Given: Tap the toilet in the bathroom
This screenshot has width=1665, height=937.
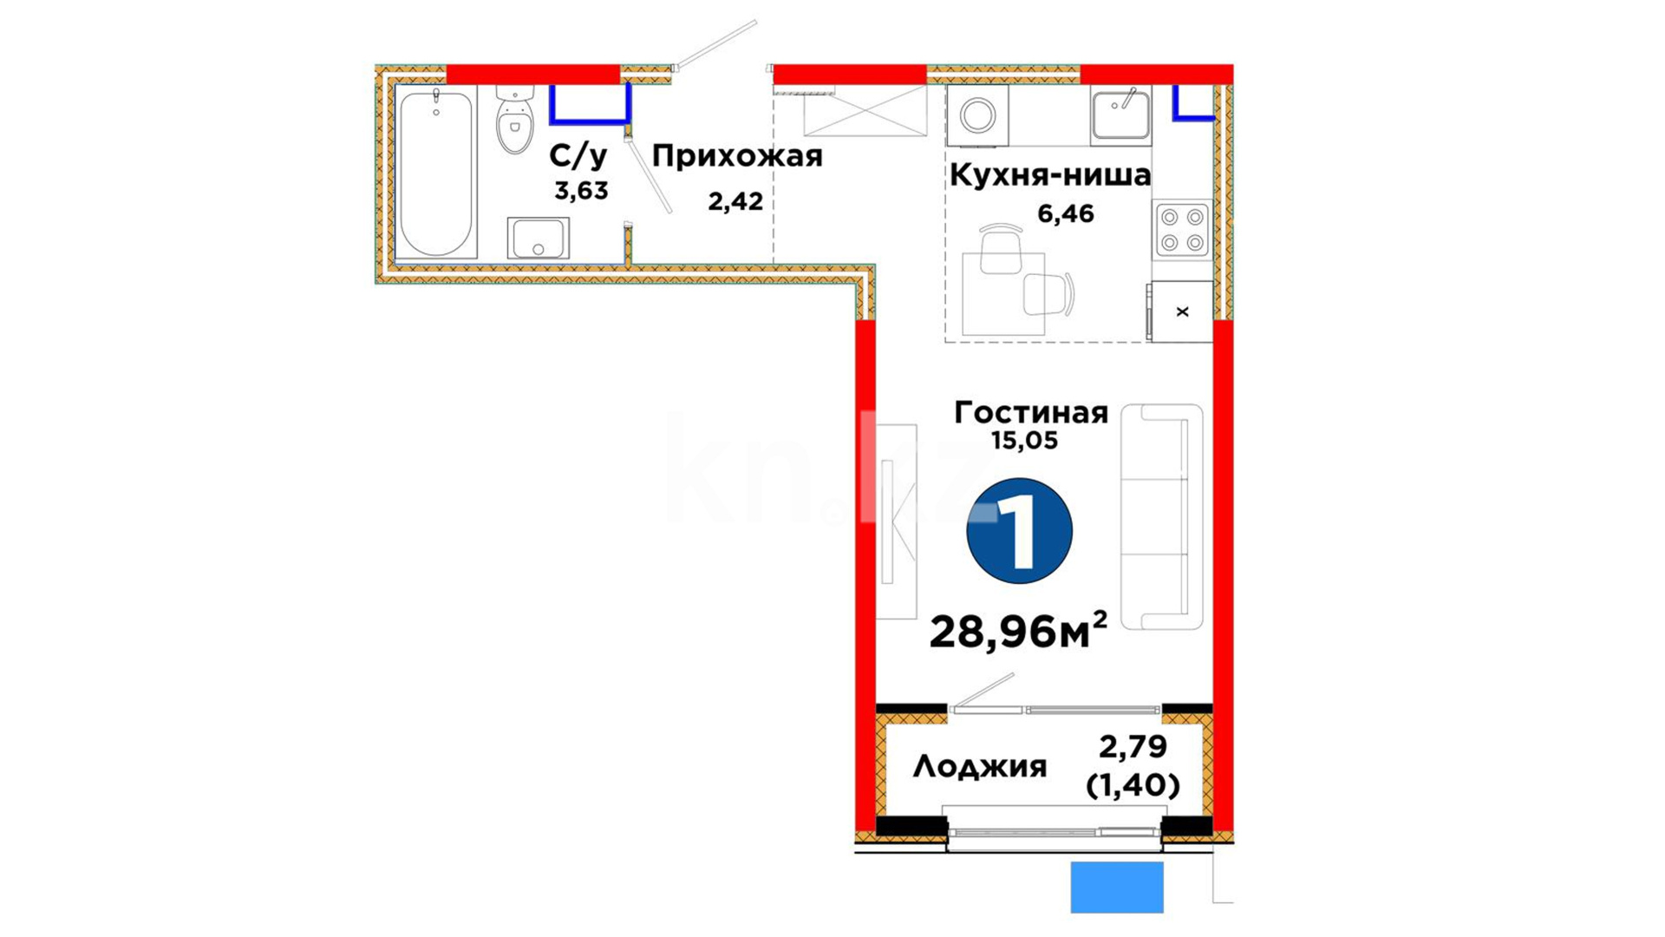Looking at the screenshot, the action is click(x=515, y=120).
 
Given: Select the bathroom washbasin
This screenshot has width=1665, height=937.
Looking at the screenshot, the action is click(x=538, y=238).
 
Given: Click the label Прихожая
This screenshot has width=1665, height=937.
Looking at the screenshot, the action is click(x=737, y=156).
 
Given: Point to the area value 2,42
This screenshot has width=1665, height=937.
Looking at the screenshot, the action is click(x=735, y=201).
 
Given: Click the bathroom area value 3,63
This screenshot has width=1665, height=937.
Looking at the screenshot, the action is click(x=581, y=191).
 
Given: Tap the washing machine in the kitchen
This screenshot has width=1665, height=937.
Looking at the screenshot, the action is click(x=977, y=115).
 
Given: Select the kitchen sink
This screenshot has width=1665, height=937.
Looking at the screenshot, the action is click(x=1121, y=114).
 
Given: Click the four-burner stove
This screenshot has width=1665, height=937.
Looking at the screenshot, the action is click(x=1182, y=230).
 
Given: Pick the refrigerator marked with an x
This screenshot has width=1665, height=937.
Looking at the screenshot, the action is click(x=1180, y=311).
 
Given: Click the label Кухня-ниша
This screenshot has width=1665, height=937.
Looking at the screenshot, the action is click(x=1050, y=174).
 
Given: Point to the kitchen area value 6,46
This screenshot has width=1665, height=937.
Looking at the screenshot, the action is click(x=1066, y=213).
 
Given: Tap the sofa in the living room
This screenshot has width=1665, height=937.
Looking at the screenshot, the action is click(x=1162, y=516).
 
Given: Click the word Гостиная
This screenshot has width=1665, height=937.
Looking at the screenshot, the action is click(x=1031, y=412).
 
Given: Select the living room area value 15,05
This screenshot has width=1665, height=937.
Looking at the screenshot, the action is click(x=1024, y=441).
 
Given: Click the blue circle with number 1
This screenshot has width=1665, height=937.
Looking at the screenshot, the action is click(x=1020, y=531).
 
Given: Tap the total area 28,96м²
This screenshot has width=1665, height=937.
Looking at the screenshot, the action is click(x=1018, y=630).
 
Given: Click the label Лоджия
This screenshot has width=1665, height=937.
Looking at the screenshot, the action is click(x=980, y=766).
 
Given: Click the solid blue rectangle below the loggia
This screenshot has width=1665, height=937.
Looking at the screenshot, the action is click(x=1117, y=887).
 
